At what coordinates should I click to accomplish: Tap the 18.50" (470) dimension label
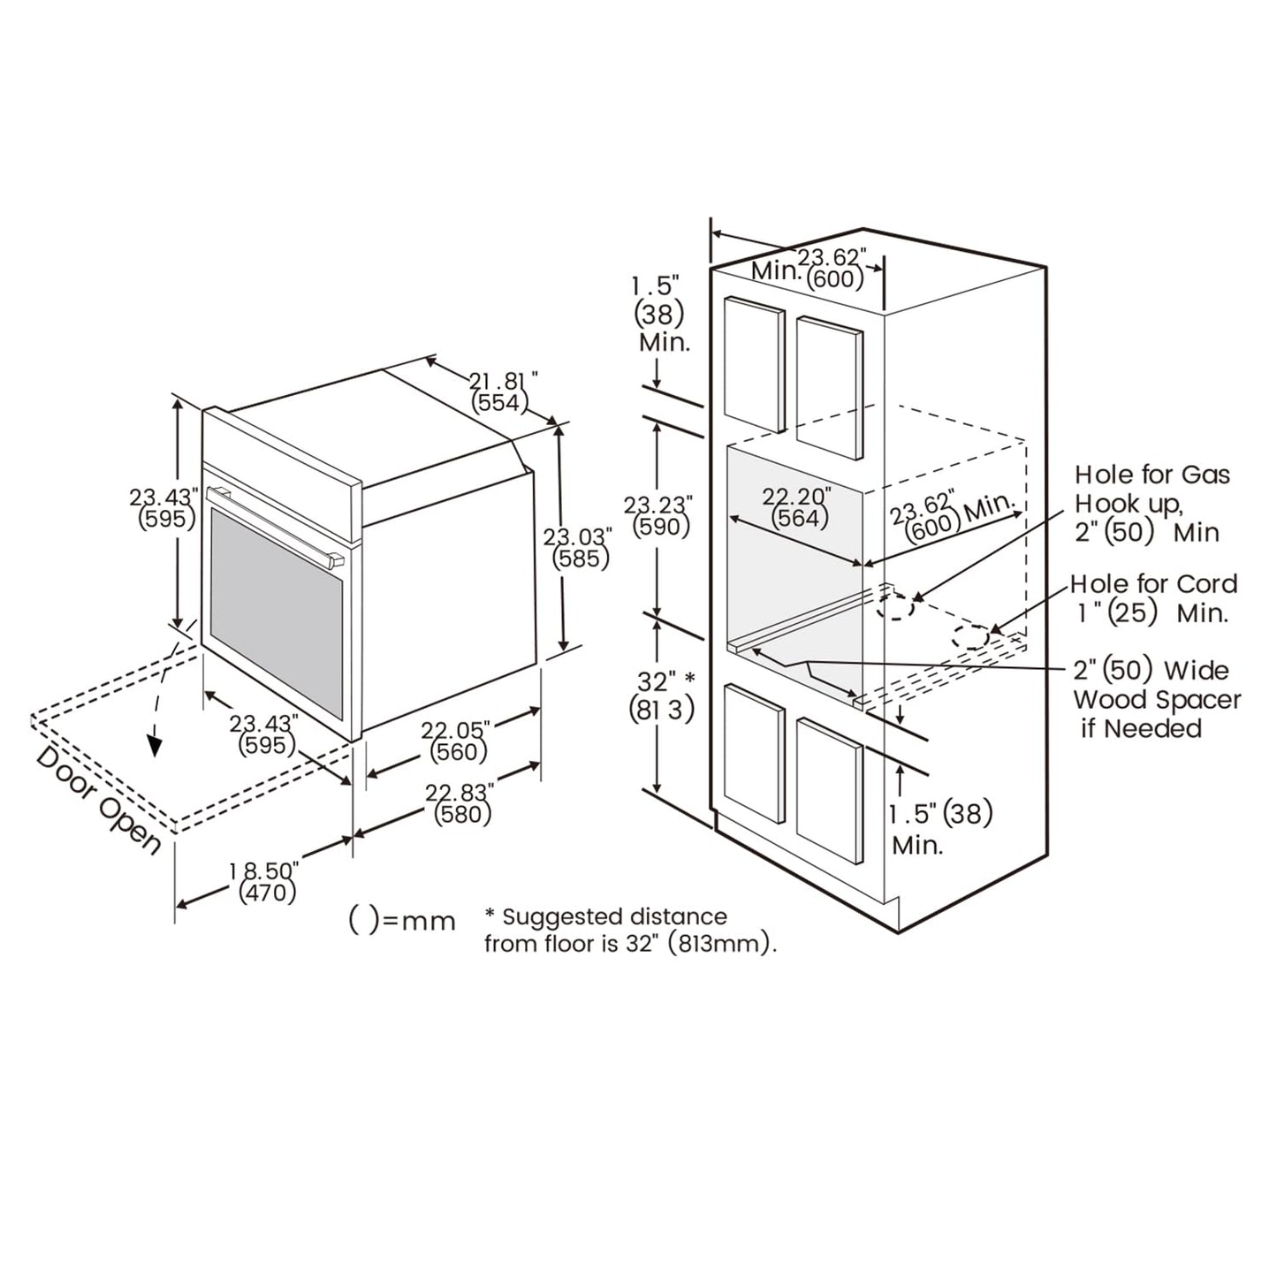click(x=266, y=882)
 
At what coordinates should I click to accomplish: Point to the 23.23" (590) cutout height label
click(x=659, y=516)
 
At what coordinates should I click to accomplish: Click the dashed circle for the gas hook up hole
click(x=895, y=606)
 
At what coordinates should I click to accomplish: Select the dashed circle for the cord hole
click(x=970, y=637)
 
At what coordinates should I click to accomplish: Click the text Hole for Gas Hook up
click(x=1152, y=489)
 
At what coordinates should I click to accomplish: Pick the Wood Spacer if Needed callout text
click(x=1157, y=714)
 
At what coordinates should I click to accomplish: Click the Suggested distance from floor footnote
click(x=629, y=930)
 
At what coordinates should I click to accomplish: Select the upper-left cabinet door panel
click(x=754, y=364)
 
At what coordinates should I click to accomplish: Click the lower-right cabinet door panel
click(x=830, y=791)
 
